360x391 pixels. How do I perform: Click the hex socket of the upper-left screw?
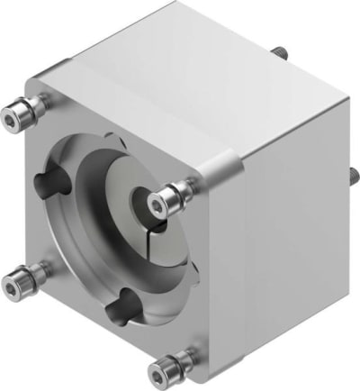[x=12, y=114]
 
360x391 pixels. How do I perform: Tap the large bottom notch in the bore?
[x=120, y=311]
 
